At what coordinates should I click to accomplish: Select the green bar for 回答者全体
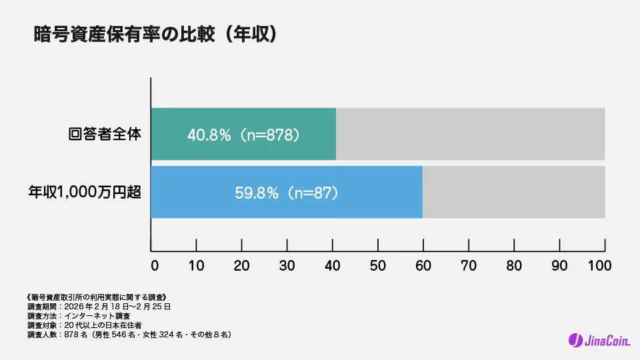[x=243, y=134]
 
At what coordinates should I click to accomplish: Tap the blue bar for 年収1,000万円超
[x=287, y=193]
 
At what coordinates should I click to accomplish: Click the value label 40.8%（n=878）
[x=243, y=135]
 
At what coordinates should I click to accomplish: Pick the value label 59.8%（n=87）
[x=287, y=193]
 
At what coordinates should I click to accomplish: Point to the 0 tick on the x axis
[x=154, y=265]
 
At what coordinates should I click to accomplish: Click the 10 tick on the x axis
[x=197, y=265]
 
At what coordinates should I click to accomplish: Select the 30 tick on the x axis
[x=287, y=265]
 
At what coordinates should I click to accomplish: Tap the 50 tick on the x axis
[x=377, y=265]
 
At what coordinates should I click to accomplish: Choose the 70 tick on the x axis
[x=469, y=265]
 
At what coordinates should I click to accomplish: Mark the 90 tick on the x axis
[x=559, y=265]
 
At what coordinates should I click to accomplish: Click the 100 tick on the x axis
[x=600, y=265]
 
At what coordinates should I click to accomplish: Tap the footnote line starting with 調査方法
[x=79, y=315]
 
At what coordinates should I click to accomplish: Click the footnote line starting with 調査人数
[x=129, y=334]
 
